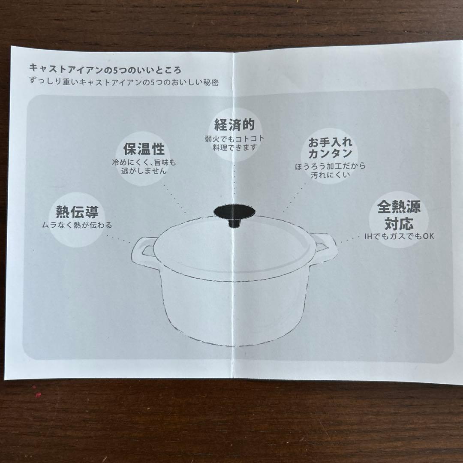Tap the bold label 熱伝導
click(x=77, y=212)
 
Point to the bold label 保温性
click(x=144, y=150)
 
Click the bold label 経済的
click(x=234, y=125)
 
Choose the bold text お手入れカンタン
click(x=330, y=148)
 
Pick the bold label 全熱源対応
click(x=398, y=215)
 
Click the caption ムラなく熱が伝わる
click(x=77, y=225)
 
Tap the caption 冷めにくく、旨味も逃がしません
click(x=144, y=167)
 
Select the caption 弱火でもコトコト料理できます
click(x=234, y=143)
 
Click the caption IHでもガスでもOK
click(x=398, y=236)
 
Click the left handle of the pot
click(x=141, y=253)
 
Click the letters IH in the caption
click(x=367, y=236)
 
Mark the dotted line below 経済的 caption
click(x=234, y=180)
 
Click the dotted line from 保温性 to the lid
click(x=174, y=197)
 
